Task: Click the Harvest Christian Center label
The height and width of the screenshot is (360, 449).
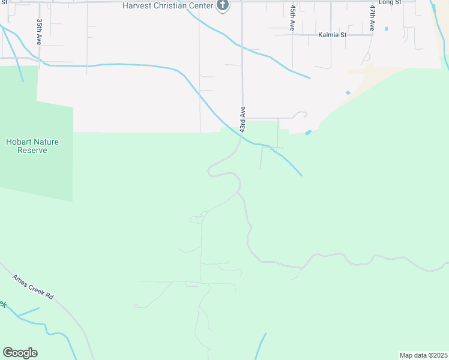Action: tap(169, 5)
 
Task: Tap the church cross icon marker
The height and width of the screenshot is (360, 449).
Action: tap(223, 6)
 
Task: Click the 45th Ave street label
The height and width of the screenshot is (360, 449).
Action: tap(292, 19)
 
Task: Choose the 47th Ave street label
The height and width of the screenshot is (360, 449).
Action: tap(372, 18)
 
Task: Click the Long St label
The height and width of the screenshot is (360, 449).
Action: tap(390, 3)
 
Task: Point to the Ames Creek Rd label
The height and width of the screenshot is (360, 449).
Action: tap(34, 288)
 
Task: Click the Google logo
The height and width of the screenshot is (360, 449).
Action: tap(20, 353)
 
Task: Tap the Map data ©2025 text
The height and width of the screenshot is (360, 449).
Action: tap(423, 355)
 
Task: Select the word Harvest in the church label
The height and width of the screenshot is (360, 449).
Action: tap(137, 5)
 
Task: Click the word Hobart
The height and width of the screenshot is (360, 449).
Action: tap(19, 142)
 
